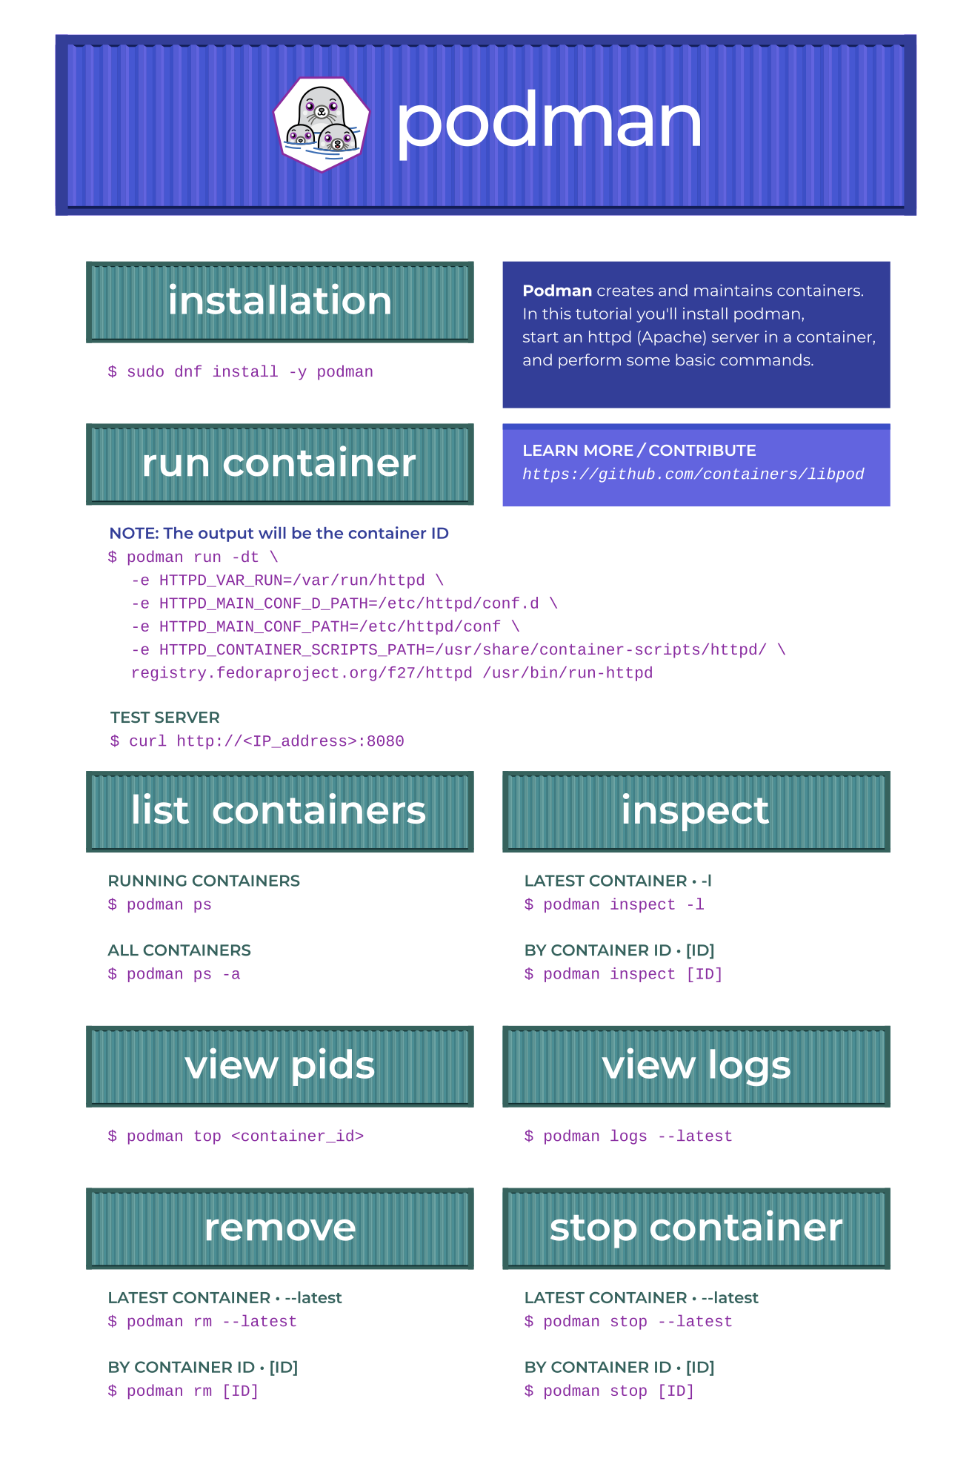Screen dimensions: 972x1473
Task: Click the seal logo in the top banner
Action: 322,125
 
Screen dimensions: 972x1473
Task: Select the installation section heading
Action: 280,301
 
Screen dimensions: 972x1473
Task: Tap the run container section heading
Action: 279,463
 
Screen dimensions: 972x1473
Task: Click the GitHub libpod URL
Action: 693,474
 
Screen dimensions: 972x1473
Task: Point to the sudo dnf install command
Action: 241,372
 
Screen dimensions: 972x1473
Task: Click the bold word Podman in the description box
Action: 557,291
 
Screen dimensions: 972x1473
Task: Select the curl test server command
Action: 257,741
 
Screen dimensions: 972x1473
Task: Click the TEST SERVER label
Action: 165,718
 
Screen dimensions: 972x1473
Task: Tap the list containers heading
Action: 279,810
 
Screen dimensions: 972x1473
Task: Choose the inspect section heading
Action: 696,810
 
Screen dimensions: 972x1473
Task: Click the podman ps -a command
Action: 174,974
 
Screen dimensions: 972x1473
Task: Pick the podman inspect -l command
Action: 614,905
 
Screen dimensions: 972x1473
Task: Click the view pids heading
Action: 280,1066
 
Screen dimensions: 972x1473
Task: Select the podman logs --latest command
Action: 628,1136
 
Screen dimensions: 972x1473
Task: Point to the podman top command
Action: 236,1136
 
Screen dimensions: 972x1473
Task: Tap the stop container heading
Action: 696,1228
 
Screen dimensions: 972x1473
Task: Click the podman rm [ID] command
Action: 183,1391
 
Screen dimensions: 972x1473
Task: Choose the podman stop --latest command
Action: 628,1322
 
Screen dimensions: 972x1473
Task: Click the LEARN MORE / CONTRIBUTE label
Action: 639,451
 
